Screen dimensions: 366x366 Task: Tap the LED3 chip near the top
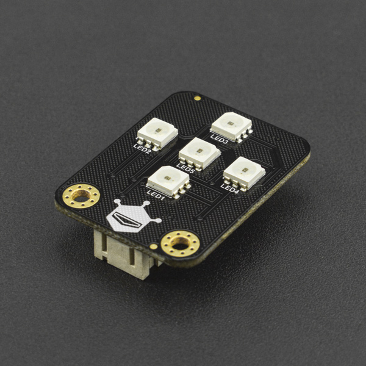231,126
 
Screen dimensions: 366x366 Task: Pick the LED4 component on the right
243,173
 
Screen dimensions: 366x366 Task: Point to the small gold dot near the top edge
197,97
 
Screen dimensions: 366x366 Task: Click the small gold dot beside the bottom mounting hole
153,246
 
